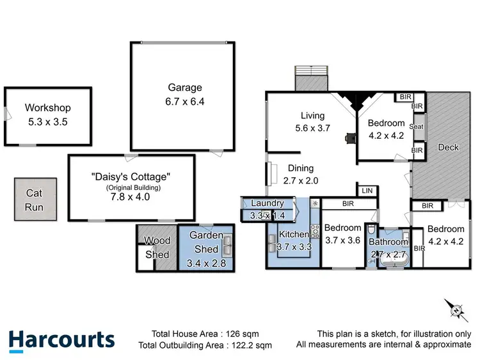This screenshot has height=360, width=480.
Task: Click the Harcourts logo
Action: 61,340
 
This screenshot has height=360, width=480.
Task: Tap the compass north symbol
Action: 456,311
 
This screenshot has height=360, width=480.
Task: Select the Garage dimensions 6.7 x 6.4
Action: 186,101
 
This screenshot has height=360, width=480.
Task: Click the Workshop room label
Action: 48,108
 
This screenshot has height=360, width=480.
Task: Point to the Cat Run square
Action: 33,199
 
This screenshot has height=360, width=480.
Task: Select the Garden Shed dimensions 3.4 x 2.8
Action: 206,262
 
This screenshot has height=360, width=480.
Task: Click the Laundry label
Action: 267,203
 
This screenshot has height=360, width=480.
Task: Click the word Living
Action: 313,116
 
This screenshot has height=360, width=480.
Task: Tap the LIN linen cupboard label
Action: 367,191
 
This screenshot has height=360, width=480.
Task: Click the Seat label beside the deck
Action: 417,127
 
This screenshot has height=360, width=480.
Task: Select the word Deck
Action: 448,147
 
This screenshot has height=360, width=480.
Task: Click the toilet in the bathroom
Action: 372,230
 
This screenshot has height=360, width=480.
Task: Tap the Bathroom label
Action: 388,242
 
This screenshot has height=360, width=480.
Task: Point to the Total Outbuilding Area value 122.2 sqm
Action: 248,345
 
